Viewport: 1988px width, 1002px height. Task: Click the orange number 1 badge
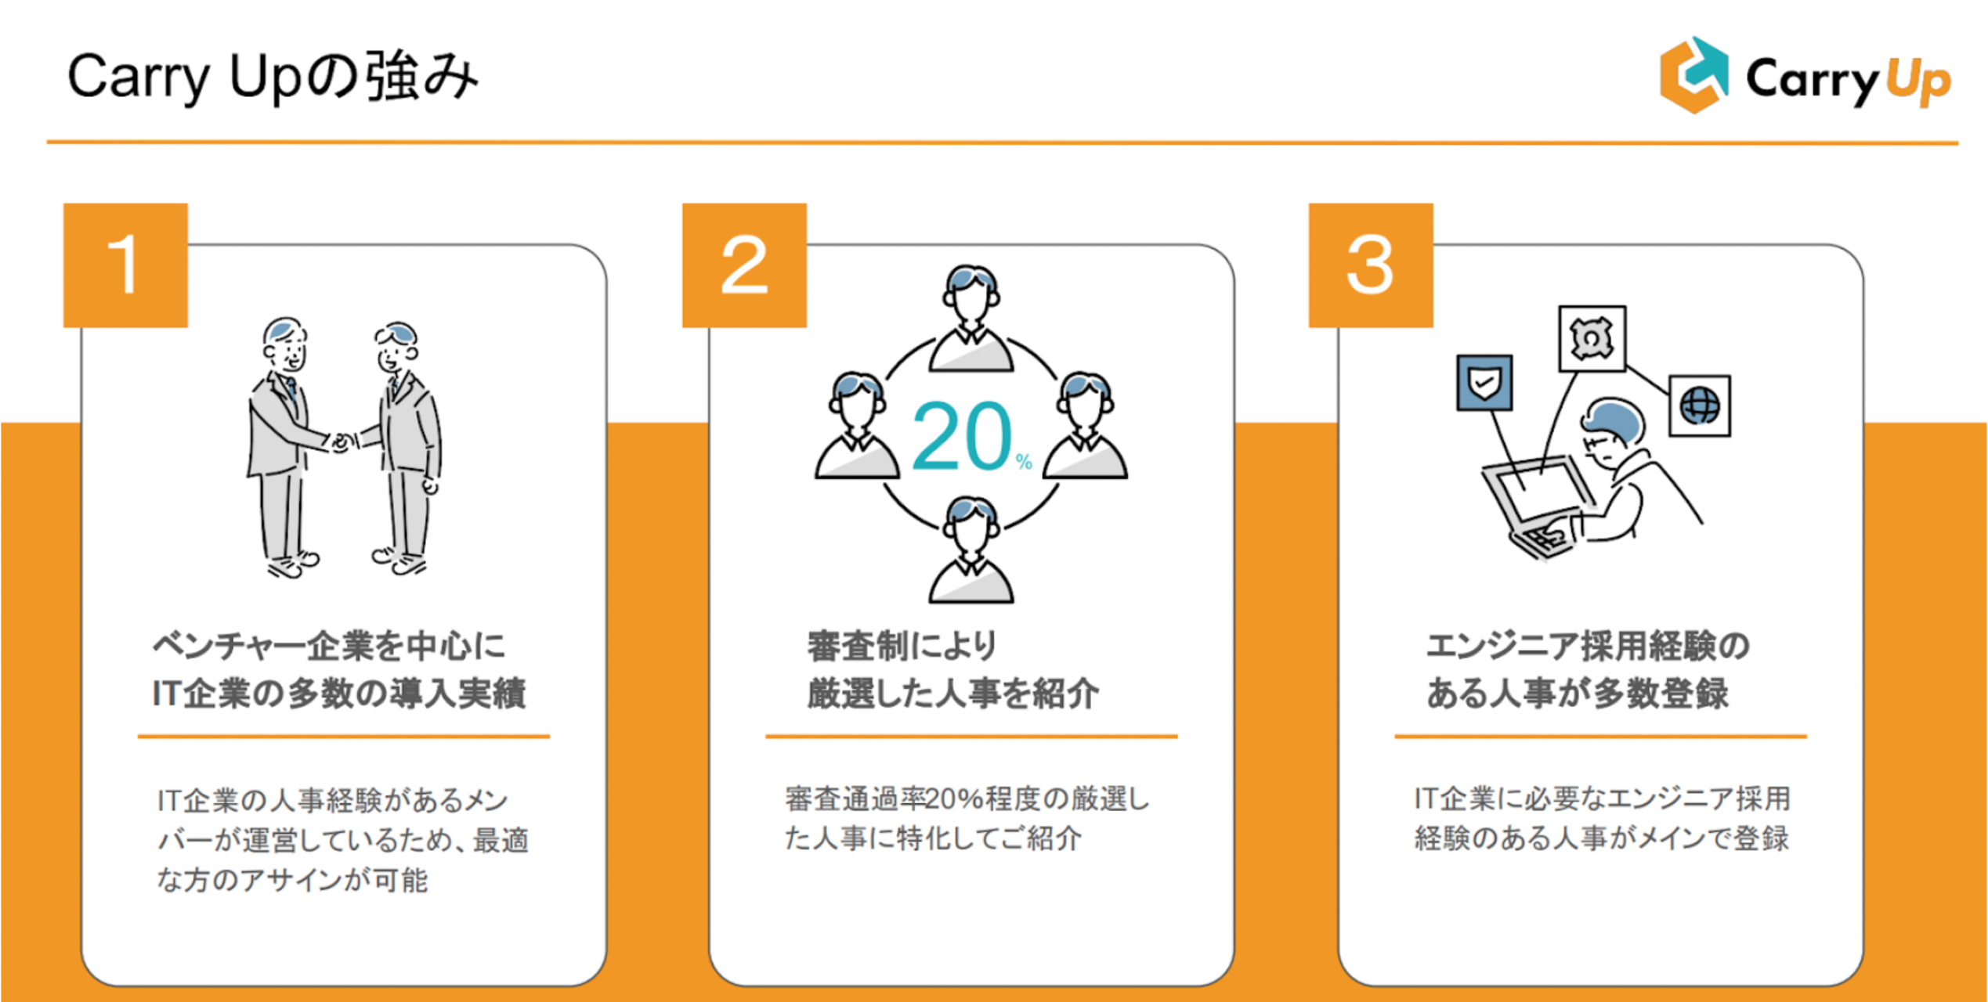coord(125,265)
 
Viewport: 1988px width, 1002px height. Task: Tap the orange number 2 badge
coord(744,265)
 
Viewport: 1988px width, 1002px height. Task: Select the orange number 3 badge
coord(1371,265)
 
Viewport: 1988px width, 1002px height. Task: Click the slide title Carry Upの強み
coord(273,77)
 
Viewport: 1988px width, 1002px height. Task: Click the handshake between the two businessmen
coord(342,442)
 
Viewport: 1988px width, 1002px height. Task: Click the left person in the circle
coord(858,427)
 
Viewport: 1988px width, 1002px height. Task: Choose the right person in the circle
coord(1085,427)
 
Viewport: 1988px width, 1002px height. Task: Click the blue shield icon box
coord(1484,383)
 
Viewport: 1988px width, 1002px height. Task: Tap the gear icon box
coord(1592,338)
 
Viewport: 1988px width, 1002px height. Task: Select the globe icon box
coord(1700,405)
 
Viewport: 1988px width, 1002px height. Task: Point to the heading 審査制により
coord(902,647)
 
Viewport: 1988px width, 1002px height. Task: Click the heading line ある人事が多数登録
coord(1578,694)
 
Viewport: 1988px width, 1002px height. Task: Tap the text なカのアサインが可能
coord(293,880)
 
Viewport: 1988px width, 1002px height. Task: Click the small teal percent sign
coord(1024,462)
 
